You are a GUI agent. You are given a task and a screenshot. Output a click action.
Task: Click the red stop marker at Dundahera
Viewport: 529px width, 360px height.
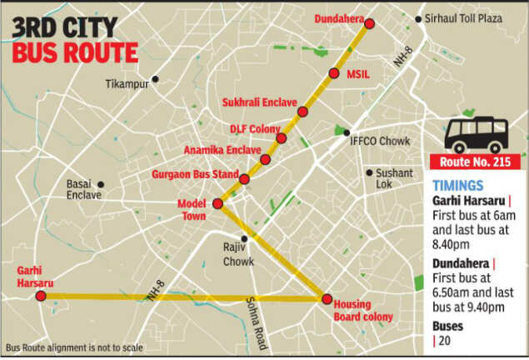(x=370, y=23)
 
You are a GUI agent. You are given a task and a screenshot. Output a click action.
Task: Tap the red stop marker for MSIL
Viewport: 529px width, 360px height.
(x=334, y=73)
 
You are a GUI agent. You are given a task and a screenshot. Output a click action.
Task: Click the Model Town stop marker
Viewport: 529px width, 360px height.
(x=218, y=203)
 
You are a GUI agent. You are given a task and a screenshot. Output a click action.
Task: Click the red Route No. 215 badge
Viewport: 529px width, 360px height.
(x=474, y=163)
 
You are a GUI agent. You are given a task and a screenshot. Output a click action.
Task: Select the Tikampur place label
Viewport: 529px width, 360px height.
(x=126, y=83)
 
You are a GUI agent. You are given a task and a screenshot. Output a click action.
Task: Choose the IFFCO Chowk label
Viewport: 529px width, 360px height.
(x=380, y=141)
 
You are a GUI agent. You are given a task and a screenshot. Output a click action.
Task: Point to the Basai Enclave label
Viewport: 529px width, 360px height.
(x=83, y=189)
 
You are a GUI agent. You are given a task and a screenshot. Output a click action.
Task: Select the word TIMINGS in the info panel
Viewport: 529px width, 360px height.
(x=457, y=186)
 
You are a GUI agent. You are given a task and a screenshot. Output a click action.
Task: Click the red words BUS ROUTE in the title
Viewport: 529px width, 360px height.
(x=75, y=52)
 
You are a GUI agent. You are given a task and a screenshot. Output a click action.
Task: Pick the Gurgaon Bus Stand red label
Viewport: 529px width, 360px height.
(x=193, y=175)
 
